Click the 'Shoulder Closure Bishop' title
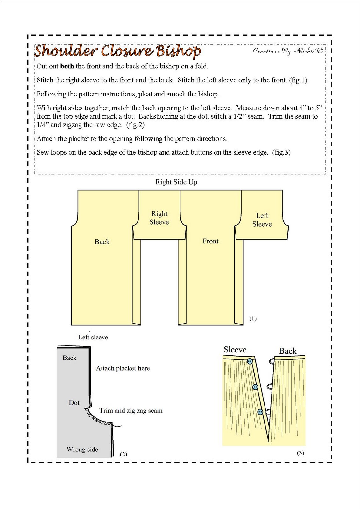click(117, 51)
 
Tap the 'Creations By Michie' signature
click(287, 51)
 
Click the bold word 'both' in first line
click(67, 66)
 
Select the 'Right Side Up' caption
click(176, 182)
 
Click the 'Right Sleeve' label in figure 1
click(159, 218)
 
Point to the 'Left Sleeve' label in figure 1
click(262, 220)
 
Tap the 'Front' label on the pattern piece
click(210, 241)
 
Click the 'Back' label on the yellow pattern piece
click(102, 242)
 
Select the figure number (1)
click(253, 318)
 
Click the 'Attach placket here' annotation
click(123, 368)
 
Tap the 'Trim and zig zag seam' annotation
click(131, 411)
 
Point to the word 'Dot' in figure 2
click(74, 403)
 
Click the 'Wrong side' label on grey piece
click(82, 450)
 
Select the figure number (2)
click(124, 454)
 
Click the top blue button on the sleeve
click(250, 361)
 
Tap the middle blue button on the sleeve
click(255, 387)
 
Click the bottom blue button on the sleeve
click(260, 412)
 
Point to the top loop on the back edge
click(272, 361)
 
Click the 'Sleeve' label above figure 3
click(235, 350)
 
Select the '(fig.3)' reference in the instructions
click(281, 152)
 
